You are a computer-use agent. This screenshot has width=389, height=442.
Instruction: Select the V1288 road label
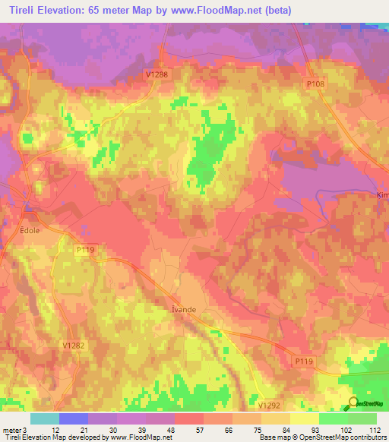point(157,73)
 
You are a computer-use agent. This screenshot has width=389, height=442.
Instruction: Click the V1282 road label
point(72,345)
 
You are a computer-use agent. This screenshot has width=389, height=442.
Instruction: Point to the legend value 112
point(375,430)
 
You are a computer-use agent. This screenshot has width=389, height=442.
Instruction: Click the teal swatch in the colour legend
point(45,418)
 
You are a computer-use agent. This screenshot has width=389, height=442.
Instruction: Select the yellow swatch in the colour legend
point(304,418)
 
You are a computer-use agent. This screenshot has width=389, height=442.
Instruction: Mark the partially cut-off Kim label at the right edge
point(382,194)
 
